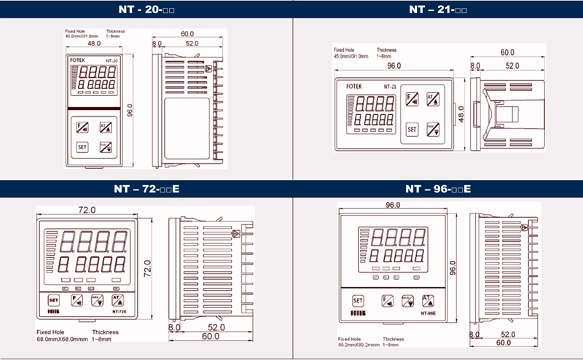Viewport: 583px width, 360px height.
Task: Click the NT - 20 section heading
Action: coord(146,10)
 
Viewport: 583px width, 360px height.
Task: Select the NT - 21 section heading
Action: coord(437,10)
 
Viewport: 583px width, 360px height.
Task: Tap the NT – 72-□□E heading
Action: coord(146,189)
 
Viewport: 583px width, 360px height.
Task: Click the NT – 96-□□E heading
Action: coord(437,189)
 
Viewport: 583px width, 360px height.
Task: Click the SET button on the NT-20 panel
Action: coord(82,146)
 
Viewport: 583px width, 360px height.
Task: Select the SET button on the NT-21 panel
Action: coord(412,130)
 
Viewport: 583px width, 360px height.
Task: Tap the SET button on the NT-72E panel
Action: coord(52,300)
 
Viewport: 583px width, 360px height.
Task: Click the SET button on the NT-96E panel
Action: coord(357,300)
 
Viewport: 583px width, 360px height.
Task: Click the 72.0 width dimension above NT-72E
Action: coord(87,210)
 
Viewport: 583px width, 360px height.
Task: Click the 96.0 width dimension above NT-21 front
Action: coord(394,66)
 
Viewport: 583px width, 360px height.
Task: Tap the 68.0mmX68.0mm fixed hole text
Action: coord(62,339)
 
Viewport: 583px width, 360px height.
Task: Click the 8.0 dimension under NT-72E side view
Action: coord(174,329)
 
